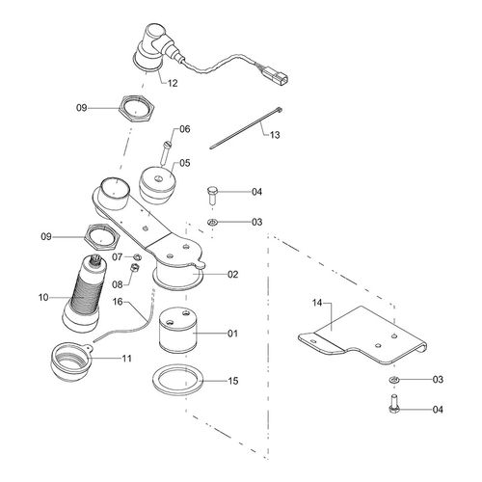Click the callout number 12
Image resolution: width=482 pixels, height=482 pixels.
[173, 84]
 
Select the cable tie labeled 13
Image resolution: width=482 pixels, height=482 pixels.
[237, 126]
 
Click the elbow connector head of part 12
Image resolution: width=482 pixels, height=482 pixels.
[152, 42]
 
